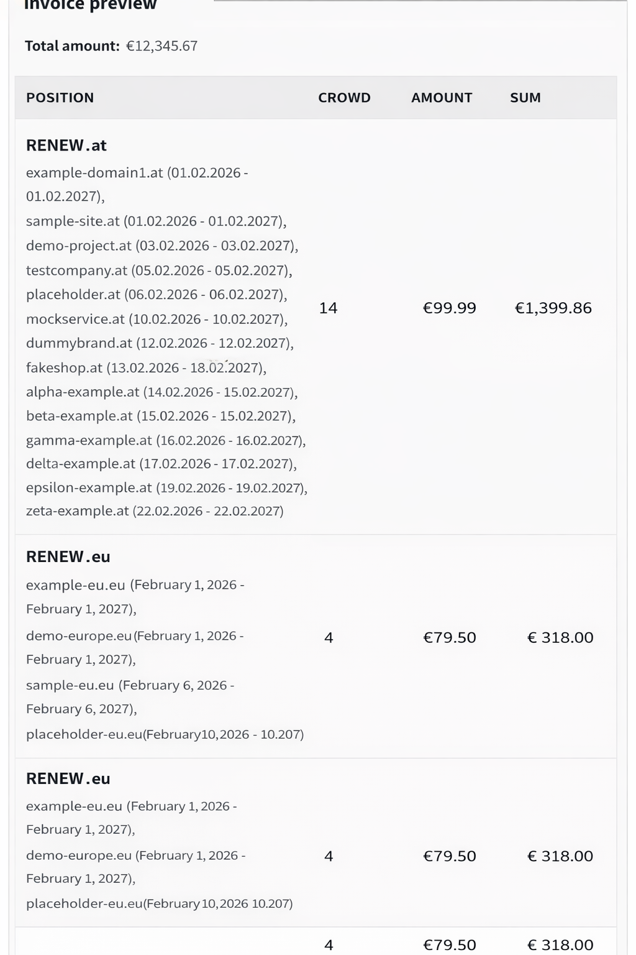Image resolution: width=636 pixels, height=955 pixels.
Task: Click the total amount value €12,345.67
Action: tap(161, 46)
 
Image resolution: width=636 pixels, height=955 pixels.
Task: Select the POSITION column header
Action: tap(60, 98)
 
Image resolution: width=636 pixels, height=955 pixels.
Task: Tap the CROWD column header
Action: tap(344, 98)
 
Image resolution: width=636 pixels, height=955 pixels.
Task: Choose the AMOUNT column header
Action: tap(442, 98)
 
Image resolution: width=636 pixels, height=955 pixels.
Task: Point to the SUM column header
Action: tap(525, 98)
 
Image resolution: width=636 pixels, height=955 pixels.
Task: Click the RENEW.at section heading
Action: tap(66, 145)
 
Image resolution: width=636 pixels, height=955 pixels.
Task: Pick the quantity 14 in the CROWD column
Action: tap(328, 308)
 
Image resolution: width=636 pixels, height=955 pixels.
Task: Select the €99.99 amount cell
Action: tap(449, 308)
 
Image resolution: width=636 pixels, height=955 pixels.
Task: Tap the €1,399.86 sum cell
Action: tap(553, 308)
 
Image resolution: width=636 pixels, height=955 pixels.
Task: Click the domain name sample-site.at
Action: tap(73, 221)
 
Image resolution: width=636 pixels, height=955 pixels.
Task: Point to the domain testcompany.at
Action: tap(76, 270)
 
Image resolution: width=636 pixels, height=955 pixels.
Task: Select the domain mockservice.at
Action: tap(75, 319)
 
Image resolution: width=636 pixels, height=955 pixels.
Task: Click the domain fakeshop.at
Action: tap(64, 367)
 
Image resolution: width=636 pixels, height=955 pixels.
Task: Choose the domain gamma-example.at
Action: tap(89, 440)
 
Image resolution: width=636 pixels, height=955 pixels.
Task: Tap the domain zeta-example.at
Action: tap(78, 511)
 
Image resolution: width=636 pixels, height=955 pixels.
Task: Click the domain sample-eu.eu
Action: tap(70, 685)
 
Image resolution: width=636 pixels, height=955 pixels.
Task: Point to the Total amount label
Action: tap(71, 46)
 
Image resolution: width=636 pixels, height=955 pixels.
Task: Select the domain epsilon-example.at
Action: tap(89, 487)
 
